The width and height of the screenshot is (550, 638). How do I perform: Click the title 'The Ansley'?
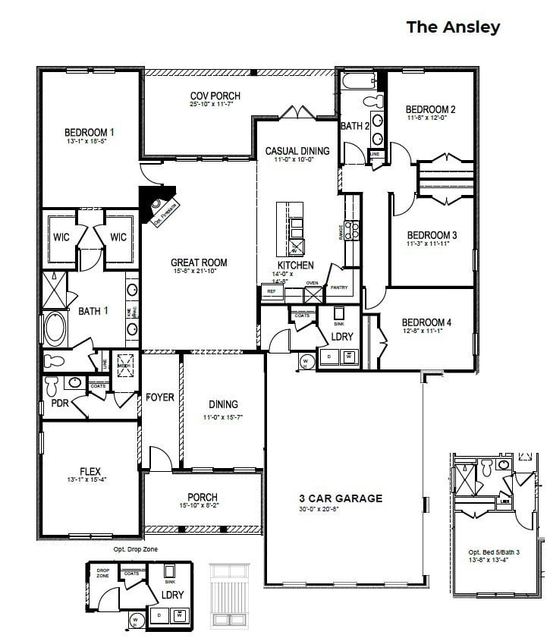tap(453, 27)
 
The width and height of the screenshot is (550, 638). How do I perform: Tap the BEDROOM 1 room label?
tap(90, 133)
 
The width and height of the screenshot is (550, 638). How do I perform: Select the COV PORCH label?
tap(204, 96)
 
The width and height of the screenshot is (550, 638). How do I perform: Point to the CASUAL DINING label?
tap(297, 151)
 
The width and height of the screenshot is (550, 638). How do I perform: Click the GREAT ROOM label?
tap(199, 262)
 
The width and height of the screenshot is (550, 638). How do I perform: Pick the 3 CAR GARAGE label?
tap(340, 498)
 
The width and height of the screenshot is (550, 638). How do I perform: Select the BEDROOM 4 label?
tap(426, 322)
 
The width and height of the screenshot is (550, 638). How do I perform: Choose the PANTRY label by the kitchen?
tap(338, 288)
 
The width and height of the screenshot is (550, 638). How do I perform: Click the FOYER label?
tap(160, 398)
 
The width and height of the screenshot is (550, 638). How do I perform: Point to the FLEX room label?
tap(90, 471)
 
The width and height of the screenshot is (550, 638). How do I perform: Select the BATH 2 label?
tap(355, 126)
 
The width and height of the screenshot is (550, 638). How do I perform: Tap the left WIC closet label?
tap(61, 237)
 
